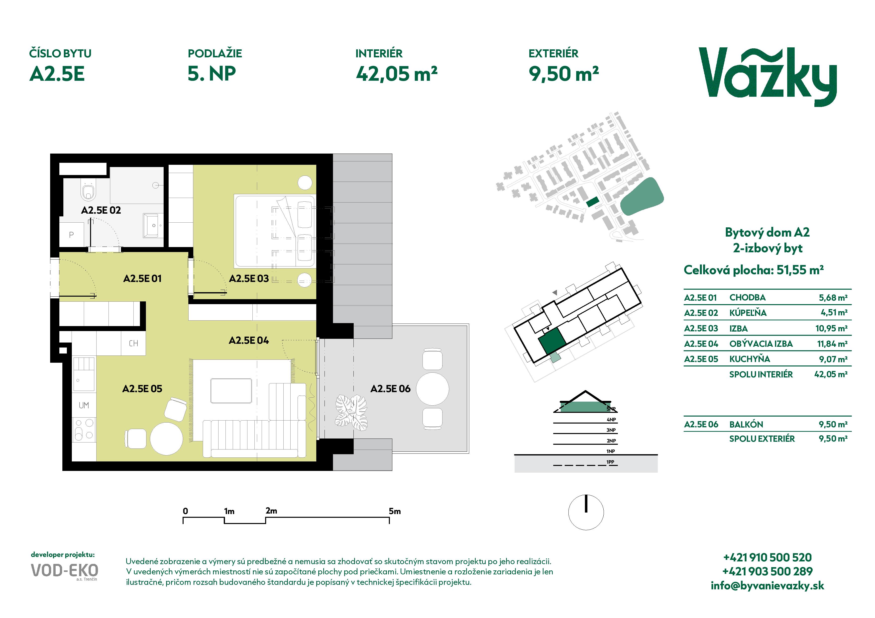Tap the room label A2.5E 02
(x=101, y=210)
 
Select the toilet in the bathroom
(x=88, y=191)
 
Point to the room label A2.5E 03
(x=249, y=279)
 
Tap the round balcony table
(x=433, y=389)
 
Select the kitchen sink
(x=84, y=374)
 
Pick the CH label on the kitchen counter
(x=133, y=344)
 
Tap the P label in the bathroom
(x=71, y=235)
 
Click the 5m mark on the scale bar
(x=395, y=511)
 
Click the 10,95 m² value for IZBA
(x=831, y=328)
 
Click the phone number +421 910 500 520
(x=767, y=557)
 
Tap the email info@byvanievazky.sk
(x=767, y=586)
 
